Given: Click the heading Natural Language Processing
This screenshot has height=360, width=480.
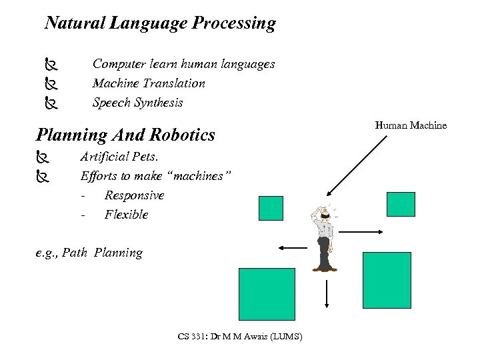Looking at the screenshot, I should pyautogui.click(x=159, y=23).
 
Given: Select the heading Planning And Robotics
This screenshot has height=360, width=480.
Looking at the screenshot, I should pyautogui.click(x=125, y=135).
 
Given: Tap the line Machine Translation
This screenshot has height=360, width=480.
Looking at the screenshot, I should pyautogui.click(x=149, y=83).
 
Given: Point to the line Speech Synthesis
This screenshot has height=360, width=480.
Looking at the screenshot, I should pyautogui.click(x=137, y=103).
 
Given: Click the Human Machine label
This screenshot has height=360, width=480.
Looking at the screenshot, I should pyautogui.click(x=411, y=125).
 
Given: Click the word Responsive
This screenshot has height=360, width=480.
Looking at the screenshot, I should pyautogui.click(x=134, y=195).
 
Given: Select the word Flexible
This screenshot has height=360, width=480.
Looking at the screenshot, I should pyautogui.click(x=126, y=215).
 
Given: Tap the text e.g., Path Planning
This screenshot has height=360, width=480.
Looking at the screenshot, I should pyautogui.click(x=89, y=253).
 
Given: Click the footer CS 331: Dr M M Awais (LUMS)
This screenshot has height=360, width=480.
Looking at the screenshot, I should pyautogui.click(x=240, y=336).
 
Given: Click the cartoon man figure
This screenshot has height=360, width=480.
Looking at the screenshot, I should pyautogui.click(x=324, y=237).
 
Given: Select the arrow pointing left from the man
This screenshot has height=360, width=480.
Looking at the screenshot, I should pyautogui.click(x=292, y=248).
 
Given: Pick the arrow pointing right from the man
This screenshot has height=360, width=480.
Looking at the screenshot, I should pyautogui.click(x=360, y=232).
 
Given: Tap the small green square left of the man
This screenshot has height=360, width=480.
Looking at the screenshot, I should pyautogui.click(x=271, y=208).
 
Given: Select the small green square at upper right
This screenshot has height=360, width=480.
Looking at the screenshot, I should pyautogui.click(x=401, y=203).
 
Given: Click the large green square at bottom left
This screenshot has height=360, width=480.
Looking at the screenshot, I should pyautogui.click(x=267, y=295).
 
